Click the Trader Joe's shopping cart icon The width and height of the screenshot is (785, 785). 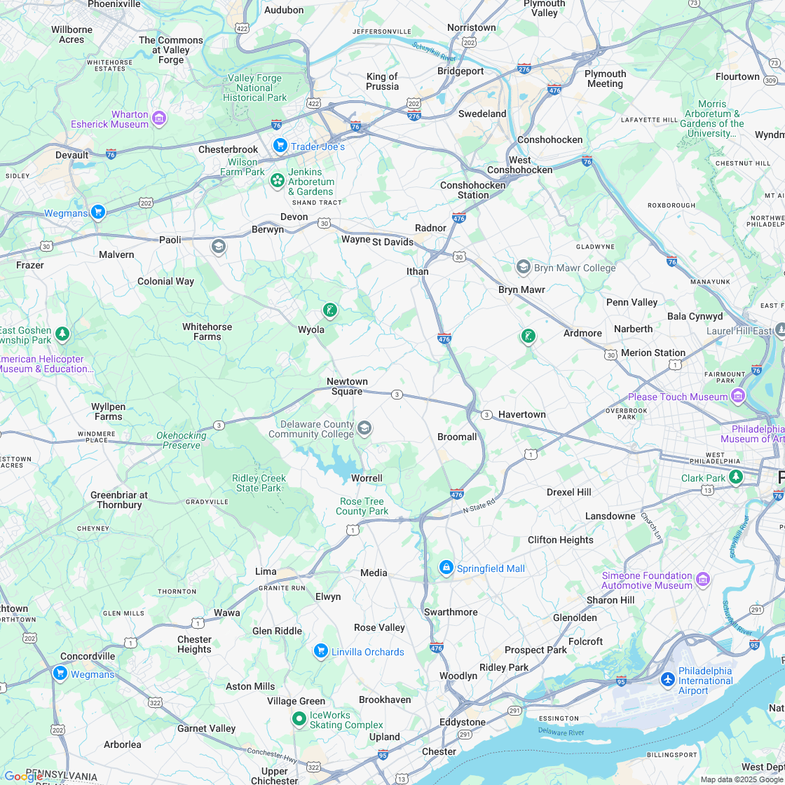click(280, 146)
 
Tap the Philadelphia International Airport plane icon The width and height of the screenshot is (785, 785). click(668, 679)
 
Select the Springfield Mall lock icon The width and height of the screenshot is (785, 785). click(446, 568)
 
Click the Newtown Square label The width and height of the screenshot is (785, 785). click(347, 386)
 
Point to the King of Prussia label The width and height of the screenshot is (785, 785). click(382, 81)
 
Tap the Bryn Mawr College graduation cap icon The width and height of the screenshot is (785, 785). click(523, 267)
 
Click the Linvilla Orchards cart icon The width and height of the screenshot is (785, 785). click(321, 651)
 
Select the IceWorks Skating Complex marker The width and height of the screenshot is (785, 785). click(299, 719)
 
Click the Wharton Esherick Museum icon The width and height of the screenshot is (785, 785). click(159, 118)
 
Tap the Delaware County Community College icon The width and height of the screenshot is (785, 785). click(364, 428)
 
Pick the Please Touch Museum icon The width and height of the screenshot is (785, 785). click(737, 397)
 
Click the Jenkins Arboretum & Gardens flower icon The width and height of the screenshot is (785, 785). click(278, 181)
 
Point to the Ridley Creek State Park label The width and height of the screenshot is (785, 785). click(259, 483)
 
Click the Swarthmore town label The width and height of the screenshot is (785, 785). click(451, 612)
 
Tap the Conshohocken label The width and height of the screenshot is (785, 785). click(550, 139)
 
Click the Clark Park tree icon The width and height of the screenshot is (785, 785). click(735, 477)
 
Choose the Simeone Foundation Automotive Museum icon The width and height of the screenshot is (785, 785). click(703, 580)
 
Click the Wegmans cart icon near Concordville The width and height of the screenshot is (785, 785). click(60, 674)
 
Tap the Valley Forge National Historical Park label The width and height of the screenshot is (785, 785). click(255, 88)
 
